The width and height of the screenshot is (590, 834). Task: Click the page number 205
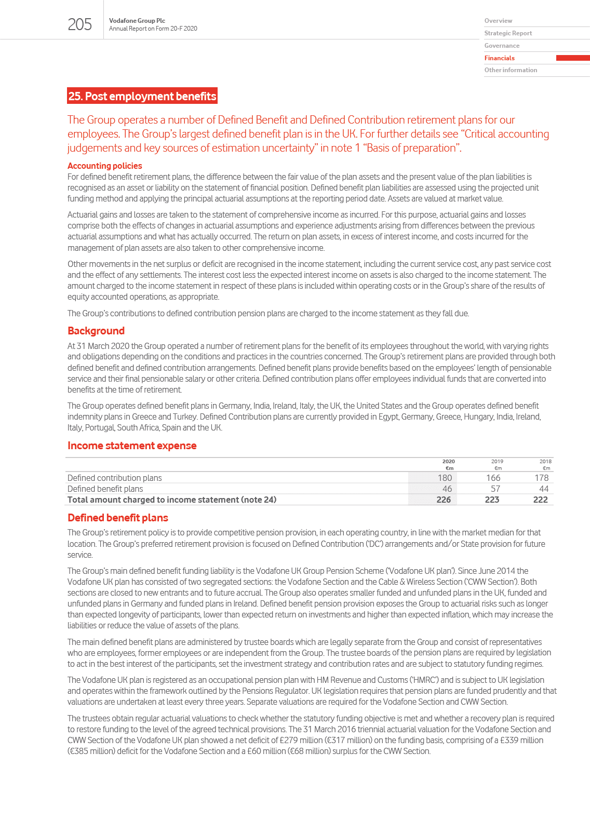pos(79,24)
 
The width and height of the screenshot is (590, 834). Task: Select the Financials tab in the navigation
pos(500,58)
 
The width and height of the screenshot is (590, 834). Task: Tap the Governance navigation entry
pos(502,46)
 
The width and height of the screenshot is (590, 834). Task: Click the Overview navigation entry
pos(498,21)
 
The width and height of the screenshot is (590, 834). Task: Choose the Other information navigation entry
pos(511,70)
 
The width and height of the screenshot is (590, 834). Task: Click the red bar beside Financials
pos(572,58)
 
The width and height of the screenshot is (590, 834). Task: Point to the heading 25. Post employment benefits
pos(142,96)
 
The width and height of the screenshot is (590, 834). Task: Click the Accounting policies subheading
pos(104,166)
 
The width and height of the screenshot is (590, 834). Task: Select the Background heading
pos(96,331)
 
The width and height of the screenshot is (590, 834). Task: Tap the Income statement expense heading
pos(132,446)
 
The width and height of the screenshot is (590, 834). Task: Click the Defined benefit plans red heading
pos(118,518)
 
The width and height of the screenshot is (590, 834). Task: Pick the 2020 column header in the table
pos(448,461)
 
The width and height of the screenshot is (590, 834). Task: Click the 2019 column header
pos(497,461)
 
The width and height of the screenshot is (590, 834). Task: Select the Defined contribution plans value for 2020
pos(445,478)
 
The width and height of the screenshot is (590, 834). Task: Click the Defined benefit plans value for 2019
pos(495,489)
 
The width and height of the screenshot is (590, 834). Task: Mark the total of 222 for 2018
pos(540,500)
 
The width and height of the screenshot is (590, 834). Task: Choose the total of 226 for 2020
pos(444,500)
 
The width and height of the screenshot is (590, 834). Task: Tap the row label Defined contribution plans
pos(115,478)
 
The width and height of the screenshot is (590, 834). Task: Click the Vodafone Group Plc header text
pos(137,21)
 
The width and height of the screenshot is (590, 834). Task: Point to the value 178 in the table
pos(541,478)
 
